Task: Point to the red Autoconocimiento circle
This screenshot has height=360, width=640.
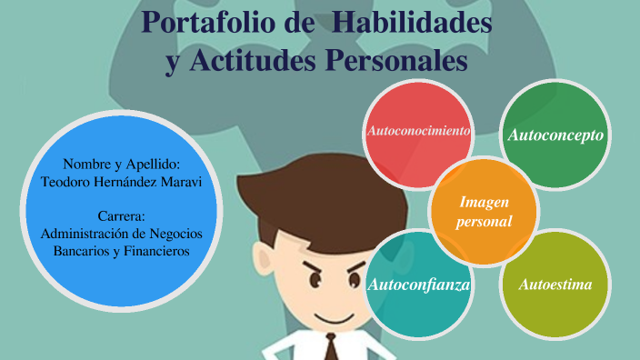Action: point(417,132)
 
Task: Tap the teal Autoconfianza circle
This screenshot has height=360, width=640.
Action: point(418,285)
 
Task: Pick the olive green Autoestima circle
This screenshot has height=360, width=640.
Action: point(555,285)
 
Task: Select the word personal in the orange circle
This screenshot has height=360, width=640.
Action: point(485,221)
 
